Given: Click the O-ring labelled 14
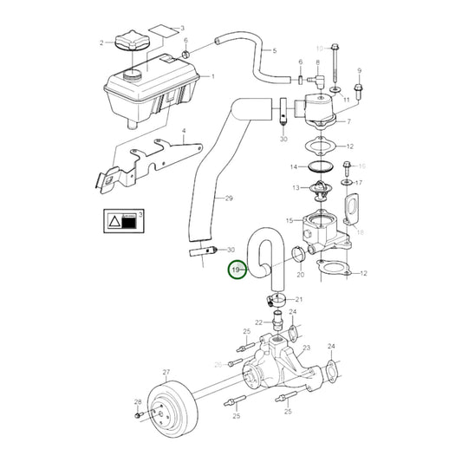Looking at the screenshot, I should [318, 166].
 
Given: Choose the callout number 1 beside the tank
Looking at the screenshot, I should [214, 76].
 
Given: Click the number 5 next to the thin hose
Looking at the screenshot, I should [275, 50].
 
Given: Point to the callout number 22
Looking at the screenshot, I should [259, 322].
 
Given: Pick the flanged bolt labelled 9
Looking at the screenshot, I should [358, 90].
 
